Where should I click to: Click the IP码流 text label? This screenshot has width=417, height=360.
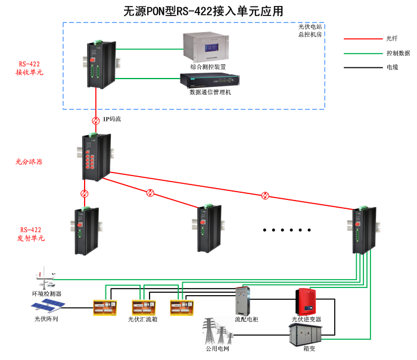point(112,120)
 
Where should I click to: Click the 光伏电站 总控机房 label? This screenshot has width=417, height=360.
point(310,31)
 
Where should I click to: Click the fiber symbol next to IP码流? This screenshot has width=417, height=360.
point(95,120)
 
